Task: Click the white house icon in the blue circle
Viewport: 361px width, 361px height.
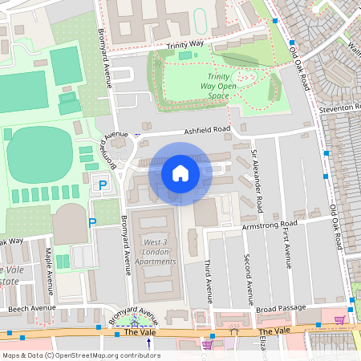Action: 180,173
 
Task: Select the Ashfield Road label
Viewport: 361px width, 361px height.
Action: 206,129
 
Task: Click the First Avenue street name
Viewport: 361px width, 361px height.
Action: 286,245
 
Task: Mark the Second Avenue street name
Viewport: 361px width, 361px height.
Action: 248,276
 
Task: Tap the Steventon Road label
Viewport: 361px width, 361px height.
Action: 338,107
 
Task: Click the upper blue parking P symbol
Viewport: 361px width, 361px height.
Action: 102,186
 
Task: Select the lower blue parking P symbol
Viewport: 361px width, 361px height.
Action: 92,222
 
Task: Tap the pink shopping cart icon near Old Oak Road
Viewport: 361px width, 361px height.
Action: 339,320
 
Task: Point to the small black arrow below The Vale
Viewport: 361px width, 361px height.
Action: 148,343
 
